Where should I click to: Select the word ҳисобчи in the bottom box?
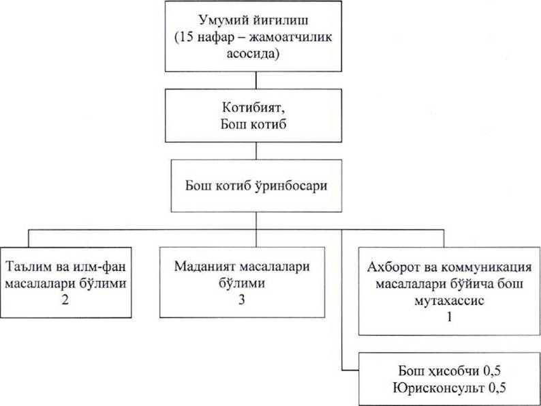(450, 373)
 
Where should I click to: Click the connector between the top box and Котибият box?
(254, 80)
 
